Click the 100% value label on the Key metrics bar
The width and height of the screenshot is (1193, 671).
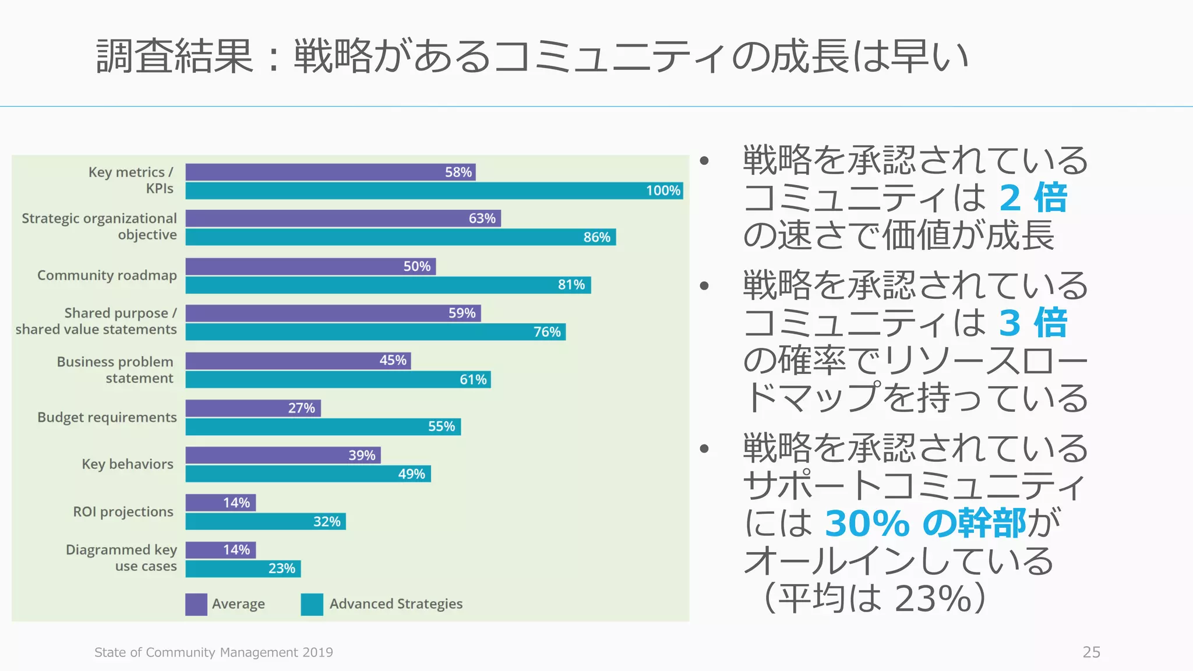click(x=663, y=190)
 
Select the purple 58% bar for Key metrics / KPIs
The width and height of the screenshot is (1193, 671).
click(x=330, y=172)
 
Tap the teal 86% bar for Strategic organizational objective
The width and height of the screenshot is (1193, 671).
click(x=400, y=237)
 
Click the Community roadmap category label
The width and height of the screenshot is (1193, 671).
click(x=107, y=275)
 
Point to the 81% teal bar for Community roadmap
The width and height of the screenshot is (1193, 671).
click(x=388, y=285)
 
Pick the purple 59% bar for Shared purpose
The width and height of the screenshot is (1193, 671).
click(x=333, y=313)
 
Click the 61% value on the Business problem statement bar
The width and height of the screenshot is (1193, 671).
click(x=473, y=380)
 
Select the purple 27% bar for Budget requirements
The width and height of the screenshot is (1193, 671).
click(x=253, y=408)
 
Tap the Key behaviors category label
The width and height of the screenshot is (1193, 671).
click(x=127, y=464)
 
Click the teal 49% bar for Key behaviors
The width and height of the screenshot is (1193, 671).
click(x=308, y=474)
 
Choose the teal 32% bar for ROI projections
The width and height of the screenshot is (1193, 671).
click(x=266, y=521)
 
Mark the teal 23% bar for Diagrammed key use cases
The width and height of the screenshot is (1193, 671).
click(x=243, y=568)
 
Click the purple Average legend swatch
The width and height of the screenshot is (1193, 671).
click(x=196, y=604)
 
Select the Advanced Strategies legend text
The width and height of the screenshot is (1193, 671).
click(x=396, y=604)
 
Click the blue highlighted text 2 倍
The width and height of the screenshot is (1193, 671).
click(x=1033, y=198)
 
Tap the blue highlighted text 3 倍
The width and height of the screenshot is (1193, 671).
click(x=1033, y=323)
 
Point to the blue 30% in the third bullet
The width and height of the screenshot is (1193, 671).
click(x=867, y=523)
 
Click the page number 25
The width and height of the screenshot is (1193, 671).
click(x=1091, y=652)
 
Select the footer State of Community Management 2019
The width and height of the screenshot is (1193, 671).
click(x=214, y=652)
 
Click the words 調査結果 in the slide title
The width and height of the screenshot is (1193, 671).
click(x=175, y=56)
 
